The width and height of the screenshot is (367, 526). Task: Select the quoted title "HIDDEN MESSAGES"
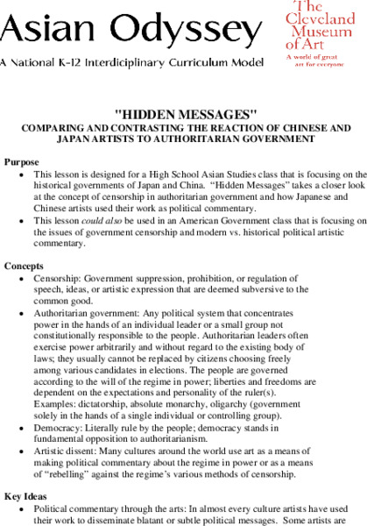click(185, 115)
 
